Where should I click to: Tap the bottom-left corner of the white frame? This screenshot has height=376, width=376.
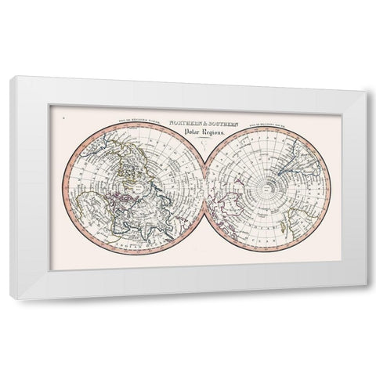point(11,298)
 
